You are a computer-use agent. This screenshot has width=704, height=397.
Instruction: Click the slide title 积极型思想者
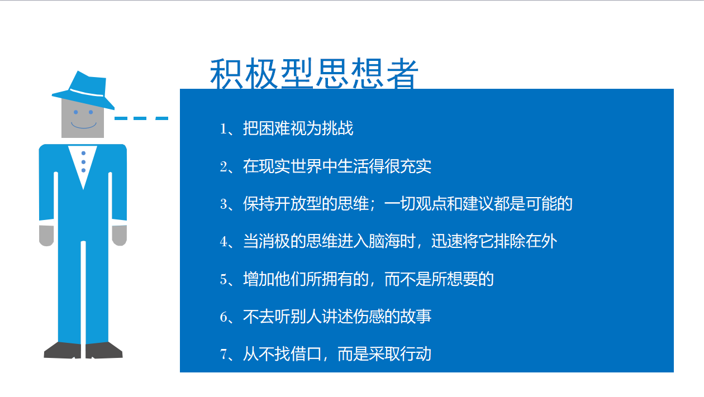[314, 74]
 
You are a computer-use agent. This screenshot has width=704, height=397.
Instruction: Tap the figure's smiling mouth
[84, 125]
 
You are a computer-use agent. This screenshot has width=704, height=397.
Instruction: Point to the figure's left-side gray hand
[46, 235]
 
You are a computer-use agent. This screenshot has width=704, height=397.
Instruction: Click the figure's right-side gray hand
[120, 235]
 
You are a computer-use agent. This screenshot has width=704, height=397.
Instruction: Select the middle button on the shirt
[83, 162]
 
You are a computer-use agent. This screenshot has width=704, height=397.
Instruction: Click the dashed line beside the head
[141, 118]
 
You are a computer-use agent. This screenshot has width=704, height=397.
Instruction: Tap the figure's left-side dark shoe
[63, 351]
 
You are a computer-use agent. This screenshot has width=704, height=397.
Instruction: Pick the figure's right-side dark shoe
[104, 351]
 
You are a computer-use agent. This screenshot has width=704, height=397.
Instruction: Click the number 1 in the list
[223, 129]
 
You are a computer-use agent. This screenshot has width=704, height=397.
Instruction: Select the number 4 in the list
[223, 242]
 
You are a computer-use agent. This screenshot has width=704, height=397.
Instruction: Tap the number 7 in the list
[223, 354]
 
